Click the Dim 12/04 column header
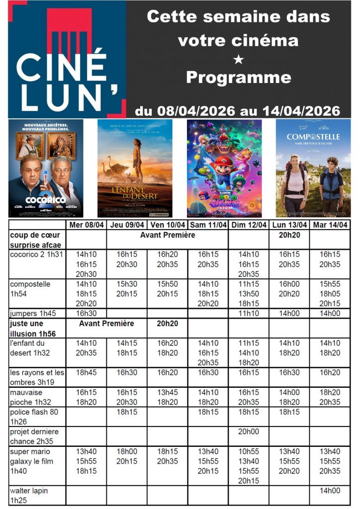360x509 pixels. [249, 225]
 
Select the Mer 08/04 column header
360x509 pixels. [86, 225]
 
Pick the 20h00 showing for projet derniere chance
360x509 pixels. [249, 432]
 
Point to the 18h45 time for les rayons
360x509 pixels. [86, 372]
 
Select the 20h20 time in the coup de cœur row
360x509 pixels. [289, 235]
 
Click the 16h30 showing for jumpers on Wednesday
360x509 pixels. [86, 314]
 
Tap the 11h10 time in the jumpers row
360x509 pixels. [249, 314]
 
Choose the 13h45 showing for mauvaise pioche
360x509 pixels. [167, 392]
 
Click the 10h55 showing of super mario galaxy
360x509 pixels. [249, 451]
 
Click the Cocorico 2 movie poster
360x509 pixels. [46, 168]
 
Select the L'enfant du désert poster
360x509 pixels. [135, 168]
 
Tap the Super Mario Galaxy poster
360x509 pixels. [224, 168]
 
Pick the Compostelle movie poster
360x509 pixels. [313, 168]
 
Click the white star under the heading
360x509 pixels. [238, 59]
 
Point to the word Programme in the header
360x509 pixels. [238, 78]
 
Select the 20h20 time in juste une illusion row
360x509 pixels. [167, 324]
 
